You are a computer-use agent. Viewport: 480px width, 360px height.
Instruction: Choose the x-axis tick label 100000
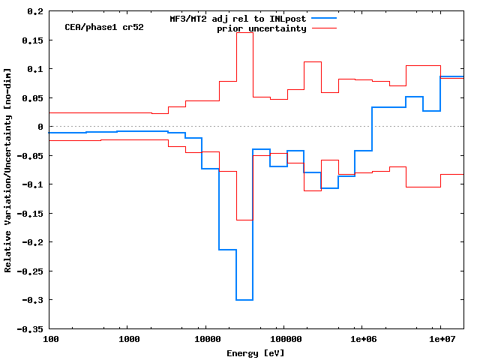click(x=283, y=340)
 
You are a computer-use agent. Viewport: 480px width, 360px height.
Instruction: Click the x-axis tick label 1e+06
click(x=361, y=340)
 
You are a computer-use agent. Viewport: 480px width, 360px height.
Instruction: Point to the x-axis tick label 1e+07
click(x=439, y=340)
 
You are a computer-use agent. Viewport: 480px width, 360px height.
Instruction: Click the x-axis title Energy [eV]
click(x=256, y=352)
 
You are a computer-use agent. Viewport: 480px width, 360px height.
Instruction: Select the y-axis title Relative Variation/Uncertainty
click(x=8, y=169)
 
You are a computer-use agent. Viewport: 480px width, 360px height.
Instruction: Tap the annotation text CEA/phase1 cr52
click(x=103, y=27)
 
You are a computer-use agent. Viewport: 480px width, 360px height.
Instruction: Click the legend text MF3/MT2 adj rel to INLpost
click(x=238, y=18)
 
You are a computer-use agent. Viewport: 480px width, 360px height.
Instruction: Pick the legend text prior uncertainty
click(x=261, y=28)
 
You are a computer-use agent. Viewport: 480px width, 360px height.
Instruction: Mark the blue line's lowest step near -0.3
click(x=244, y=300)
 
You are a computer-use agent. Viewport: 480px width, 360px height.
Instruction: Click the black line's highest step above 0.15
click(x=244, y=33)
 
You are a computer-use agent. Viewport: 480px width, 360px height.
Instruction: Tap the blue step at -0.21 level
click(x=227, y=250)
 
